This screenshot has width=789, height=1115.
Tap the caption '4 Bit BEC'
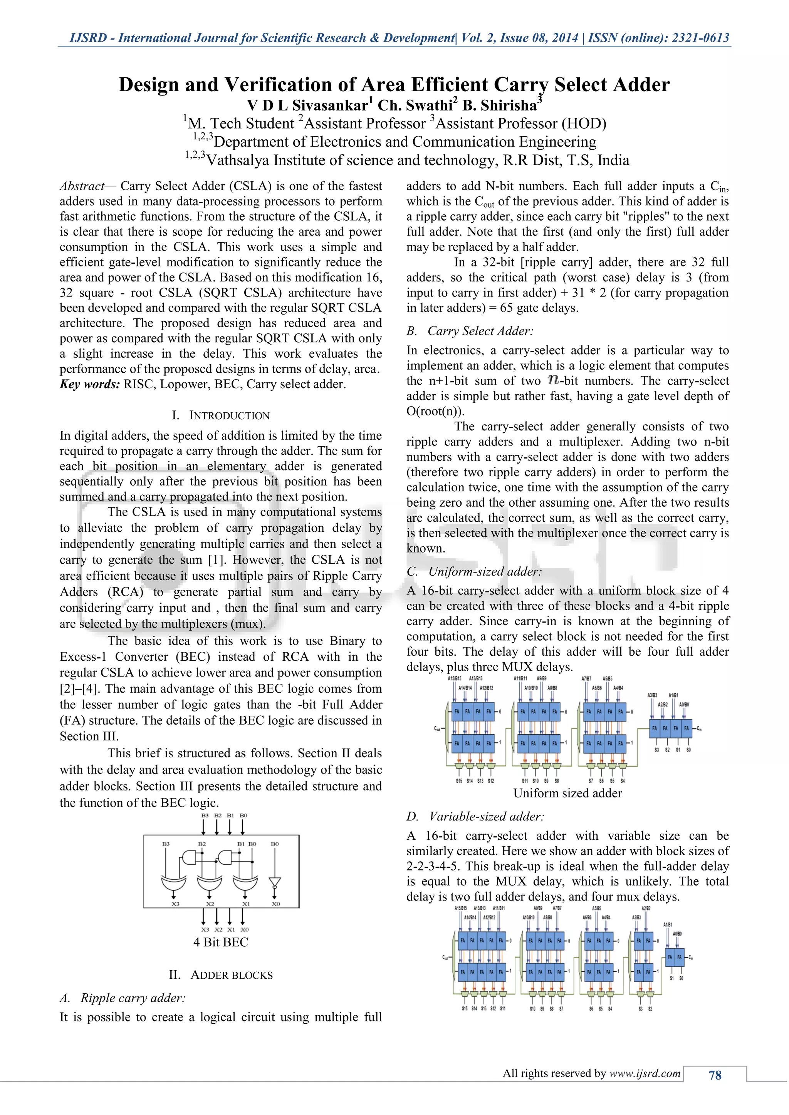[x=221, y=942]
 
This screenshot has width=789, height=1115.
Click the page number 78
[x=715, y=1076]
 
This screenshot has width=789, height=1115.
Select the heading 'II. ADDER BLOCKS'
[x=221, y=975]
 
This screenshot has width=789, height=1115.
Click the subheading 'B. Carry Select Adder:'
[x=470, y=331]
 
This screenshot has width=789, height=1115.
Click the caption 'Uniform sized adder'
[x=567, y=793]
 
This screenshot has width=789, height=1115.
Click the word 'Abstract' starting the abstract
[x=82, y=186]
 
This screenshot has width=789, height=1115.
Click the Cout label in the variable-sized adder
[x=445, y=957]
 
